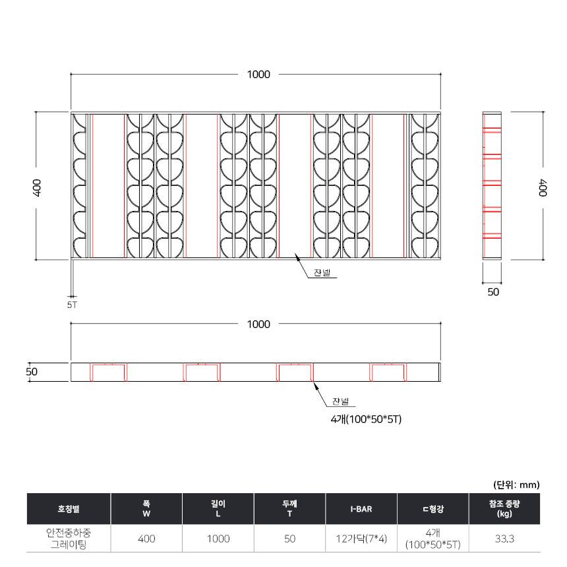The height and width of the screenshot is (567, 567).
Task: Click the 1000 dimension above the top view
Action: (258, 75)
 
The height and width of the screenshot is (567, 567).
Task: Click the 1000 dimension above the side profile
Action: (258, 324)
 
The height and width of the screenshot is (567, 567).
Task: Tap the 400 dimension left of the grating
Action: (37, 188)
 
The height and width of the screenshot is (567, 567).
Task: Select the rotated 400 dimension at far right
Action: (543, 188)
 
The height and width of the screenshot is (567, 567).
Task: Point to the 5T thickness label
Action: (72, 305)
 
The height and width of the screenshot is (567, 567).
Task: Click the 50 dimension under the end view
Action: (493, 292)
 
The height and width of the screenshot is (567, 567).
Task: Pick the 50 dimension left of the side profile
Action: (32, 372)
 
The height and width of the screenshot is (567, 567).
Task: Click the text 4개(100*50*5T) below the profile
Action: (366, 419)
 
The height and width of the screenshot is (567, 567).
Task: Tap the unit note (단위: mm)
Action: (516, 485)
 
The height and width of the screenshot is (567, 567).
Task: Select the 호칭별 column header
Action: (69, 509)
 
